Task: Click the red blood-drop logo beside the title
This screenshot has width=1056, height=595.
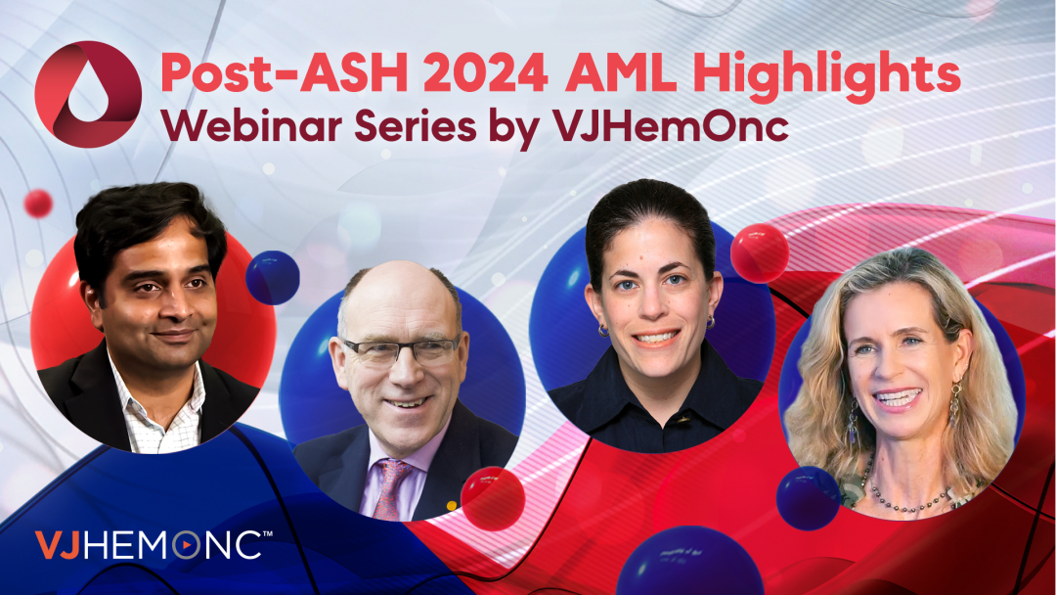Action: [x=88, y=94]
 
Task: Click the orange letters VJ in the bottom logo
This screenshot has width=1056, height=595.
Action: [x=58, y=545]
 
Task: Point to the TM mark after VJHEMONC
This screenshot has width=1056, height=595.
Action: [x=267, y=534]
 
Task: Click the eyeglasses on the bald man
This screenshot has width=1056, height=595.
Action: [x=402, y=350]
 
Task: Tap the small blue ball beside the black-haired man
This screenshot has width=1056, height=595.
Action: [x=273, y=278]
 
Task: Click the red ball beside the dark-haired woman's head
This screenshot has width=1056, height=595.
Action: [x=760, y=252]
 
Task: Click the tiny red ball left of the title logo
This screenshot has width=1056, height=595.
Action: [x=38, y=204]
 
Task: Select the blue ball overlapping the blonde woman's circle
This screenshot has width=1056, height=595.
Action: [x=809, y=498]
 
